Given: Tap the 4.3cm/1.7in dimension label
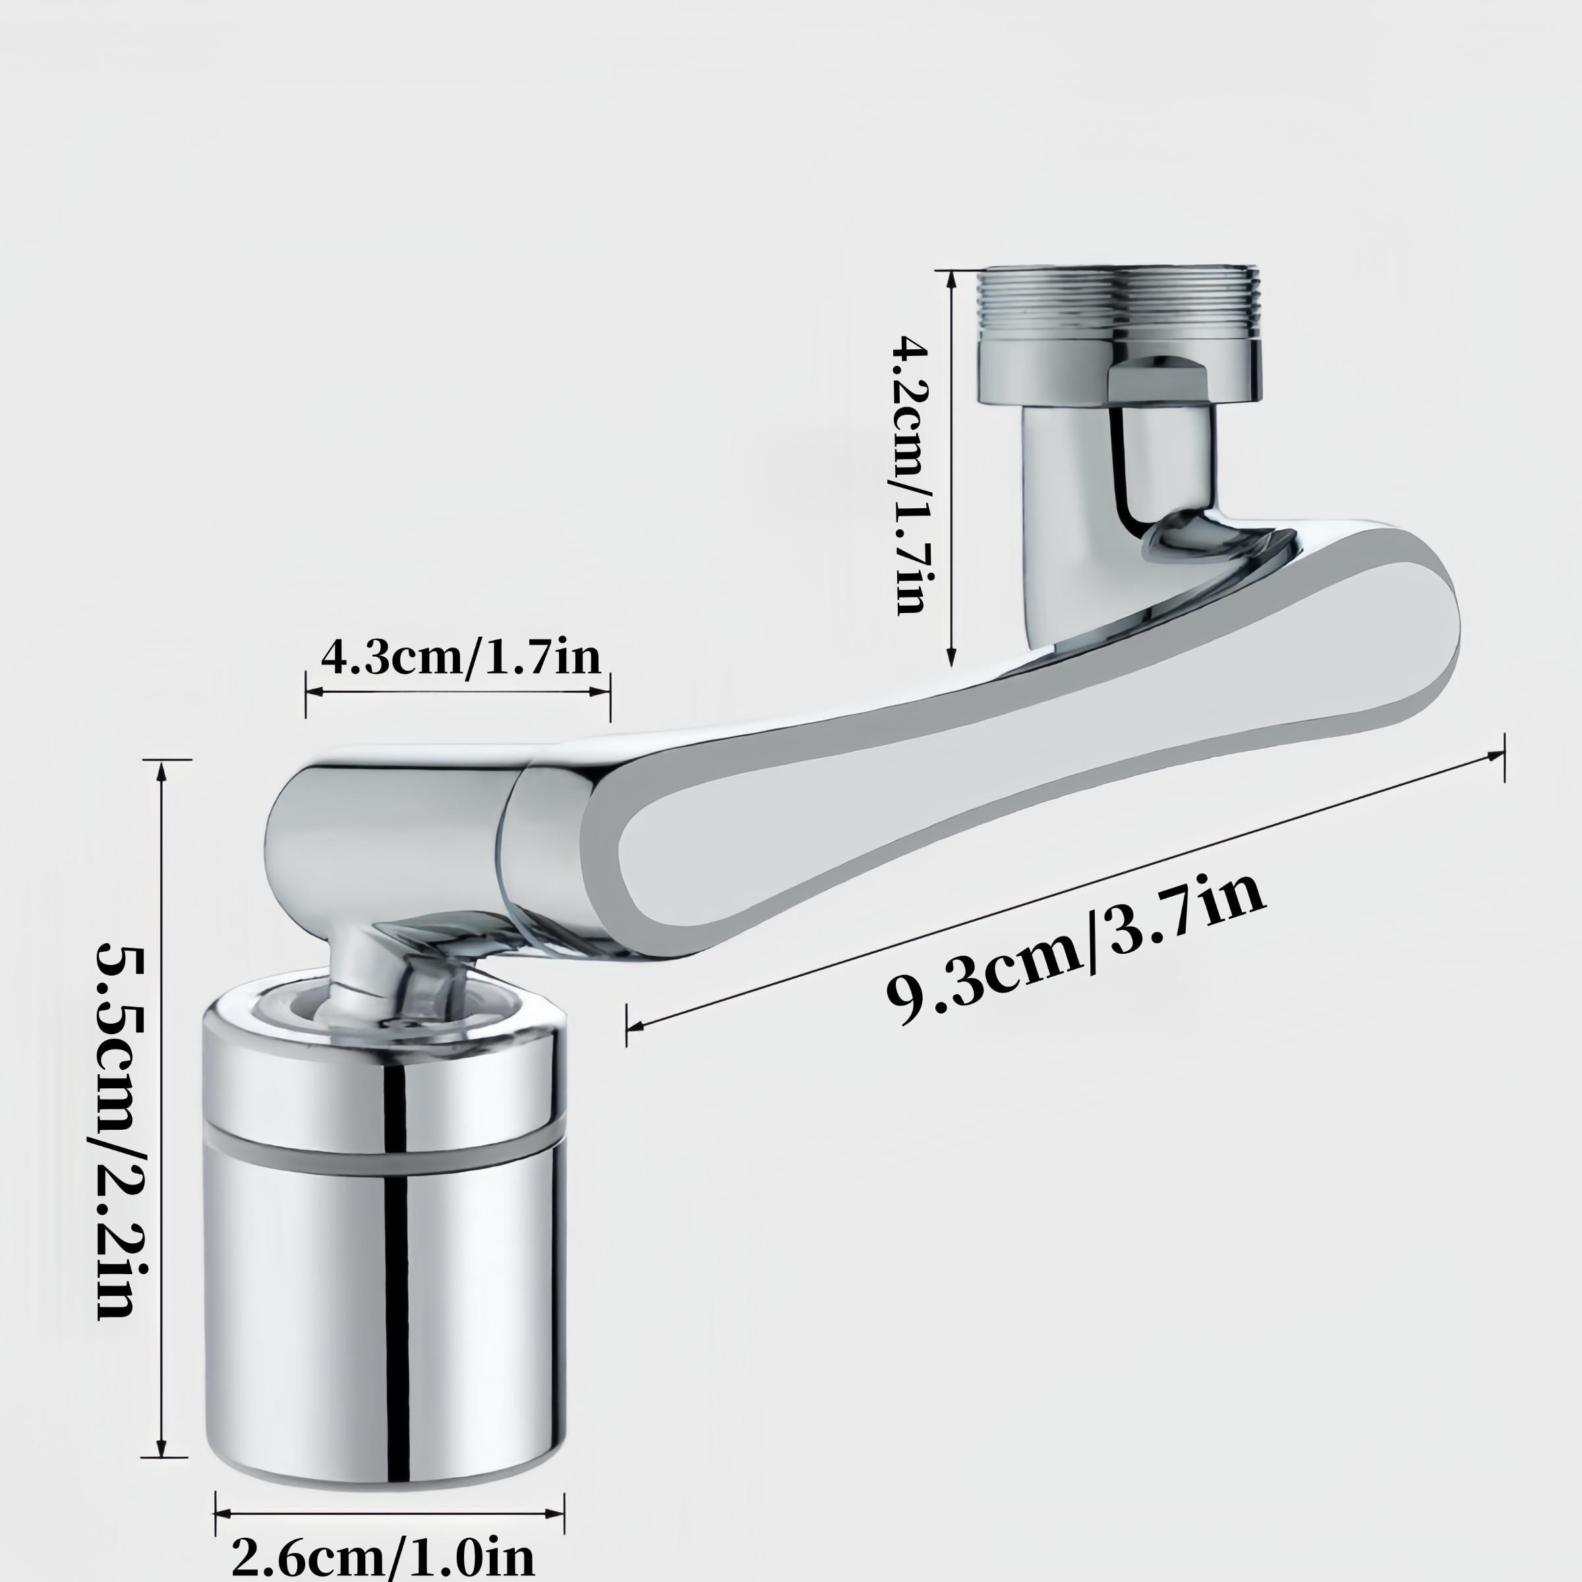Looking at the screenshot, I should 460,656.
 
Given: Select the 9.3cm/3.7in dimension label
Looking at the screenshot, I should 1074,950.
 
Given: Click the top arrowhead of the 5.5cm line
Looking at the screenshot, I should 162,770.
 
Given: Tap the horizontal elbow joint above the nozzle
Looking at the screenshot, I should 385,835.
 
